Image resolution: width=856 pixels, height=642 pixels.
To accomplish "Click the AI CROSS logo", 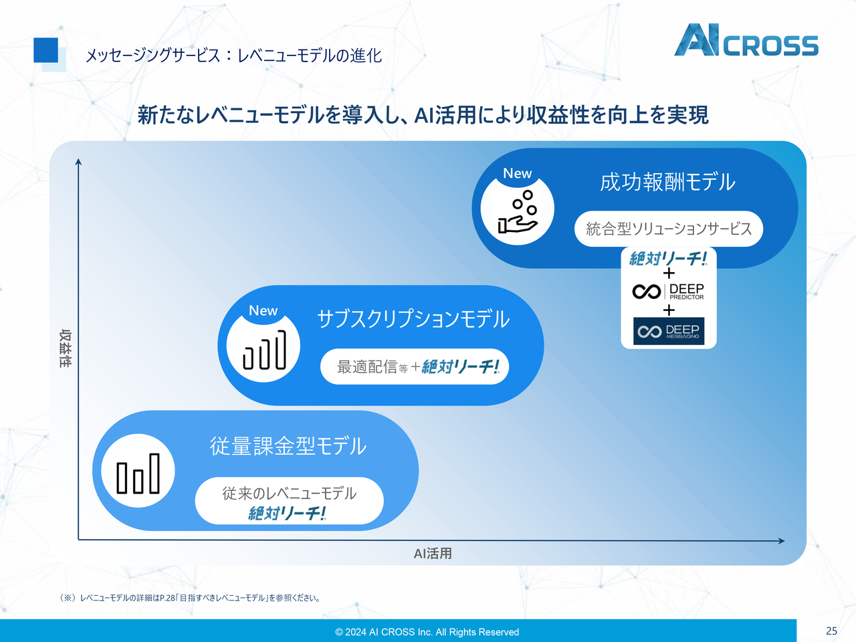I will (x=746, y=41).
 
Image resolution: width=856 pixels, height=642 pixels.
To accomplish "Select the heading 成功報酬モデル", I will (x=667, y=182).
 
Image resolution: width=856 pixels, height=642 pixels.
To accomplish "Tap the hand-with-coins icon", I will (x=518, y=212).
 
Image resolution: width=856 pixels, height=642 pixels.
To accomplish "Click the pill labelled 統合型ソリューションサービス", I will (x=668, y=229).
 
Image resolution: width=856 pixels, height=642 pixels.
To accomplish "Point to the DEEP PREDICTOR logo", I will (x=668, y=292).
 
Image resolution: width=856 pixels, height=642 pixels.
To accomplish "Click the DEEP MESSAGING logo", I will (x=668, y=331).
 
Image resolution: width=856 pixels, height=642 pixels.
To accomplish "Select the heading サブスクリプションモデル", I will (x=413, y=319).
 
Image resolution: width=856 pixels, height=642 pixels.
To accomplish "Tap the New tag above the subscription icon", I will (x=263, y=311).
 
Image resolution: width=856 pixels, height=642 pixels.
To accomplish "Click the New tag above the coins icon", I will (x=517, y=174).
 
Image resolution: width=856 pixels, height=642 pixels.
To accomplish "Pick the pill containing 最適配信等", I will (x=415, y=366).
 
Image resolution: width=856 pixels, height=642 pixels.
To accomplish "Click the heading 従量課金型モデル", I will (x=288, y=446).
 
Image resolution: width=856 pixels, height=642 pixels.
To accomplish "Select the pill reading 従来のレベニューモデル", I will (x=289, y=501).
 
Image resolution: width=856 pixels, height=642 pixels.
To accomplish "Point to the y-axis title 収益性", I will (x=65, y=348).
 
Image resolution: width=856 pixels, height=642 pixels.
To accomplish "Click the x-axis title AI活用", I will (x=433, y=554).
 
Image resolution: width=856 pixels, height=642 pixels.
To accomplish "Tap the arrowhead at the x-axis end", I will (x=781, y=540).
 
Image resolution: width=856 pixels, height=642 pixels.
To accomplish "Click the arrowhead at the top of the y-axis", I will (x=78, y=162).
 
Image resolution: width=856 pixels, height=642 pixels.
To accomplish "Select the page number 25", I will (x=831, y=631).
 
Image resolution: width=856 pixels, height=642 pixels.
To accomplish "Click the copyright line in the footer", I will (x=427, y=632).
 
